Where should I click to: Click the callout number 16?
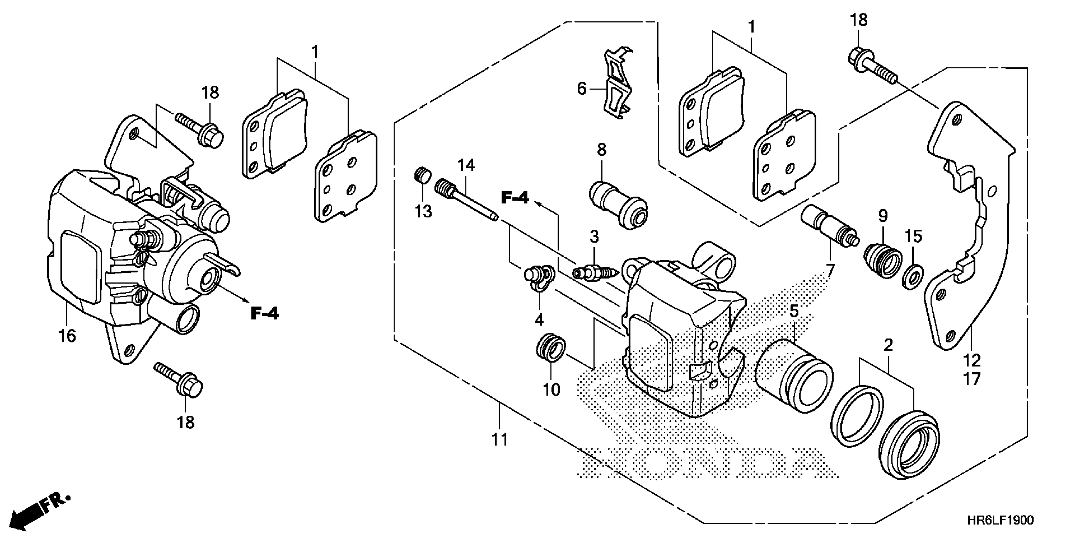(x=67, y=335)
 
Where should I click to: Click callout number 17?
(x=972, y=379)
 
